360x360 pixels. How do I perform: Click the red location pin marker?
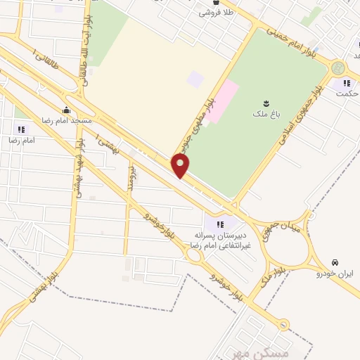pos(181,167)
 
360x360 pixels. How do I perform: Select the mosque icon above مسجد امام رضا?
pos(67,110)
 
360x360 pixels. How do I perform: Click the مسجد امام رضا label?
pos(67,120)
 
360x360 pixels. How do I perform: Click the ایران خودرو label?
pos(335,272)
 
